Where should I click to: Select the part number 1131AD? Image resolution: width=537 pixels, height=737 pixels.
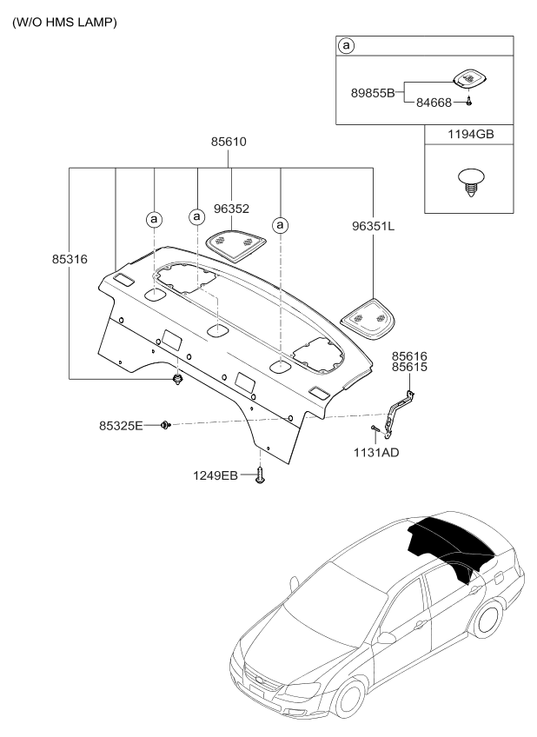pos(377,452)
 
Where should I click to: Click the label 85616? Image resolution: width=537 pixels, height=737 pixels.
pos(408,356)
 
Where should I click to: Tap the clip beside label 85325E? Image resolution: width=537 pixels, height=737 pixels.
pos(165,425)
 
